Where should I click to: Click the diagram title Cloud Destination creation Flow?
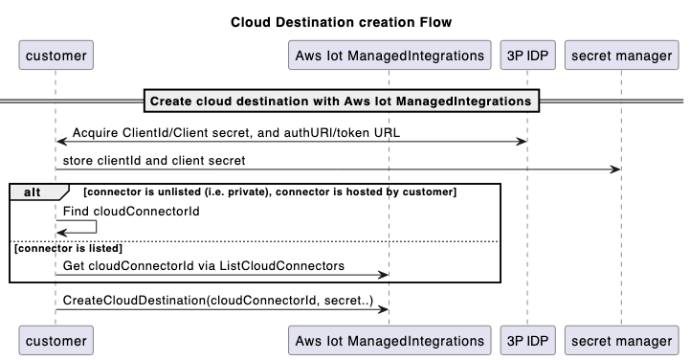(341, 22)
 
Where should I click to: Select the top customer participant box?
(56, 56)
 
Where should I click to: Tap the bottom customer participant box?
(56, 339)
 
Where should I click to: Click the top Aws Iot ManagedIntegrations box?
(388, 56)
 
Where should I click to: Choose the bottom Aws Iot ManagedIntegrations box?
(388, 339)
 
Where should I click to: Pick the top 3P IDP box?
(525, 56)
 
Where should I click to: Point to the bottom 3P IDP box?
(525, 339)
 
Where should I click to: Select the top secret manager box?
(621, 56)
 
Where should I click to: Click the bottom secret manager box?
(621, 339)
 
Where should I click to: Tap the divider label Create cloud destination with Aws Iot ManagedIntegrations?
(341, 101)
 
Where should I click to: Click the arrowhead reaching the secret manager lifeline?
(616, 170)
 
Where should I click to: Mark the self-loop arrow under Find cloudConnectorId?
(81, 226)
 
